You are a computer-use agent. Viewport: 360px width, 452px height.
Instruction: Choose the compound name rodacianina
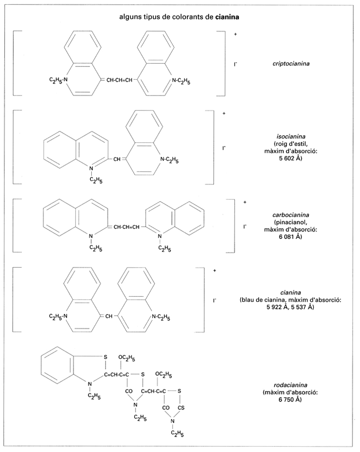(289, 385)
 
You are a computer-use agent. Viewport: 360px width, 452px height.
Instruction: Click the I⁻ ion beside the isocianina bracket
(223, 149)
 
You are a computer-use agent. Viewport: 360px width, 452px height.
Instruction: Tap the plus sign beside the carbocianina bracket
(244, 202)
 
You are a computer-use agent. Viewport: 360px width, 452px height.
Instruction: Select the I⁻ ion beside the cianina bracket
(215, 301)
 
